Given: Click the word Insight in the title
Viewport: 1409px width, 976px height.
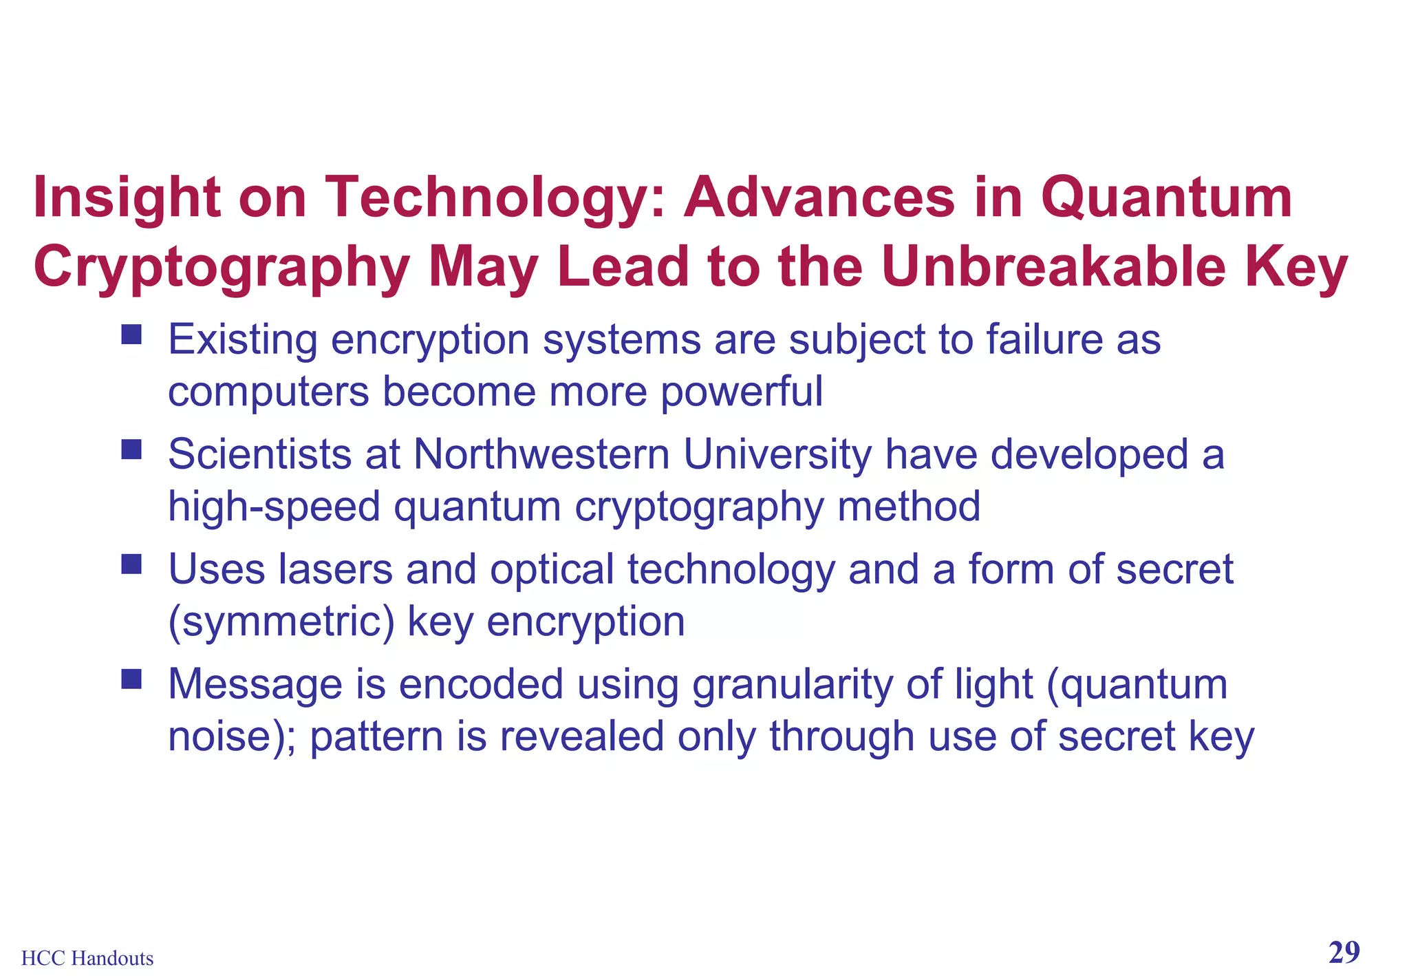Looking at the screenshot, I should tap(127, 198).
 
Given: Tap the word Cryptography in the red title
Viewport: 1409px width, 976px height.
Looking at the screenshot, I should tap(222, 268).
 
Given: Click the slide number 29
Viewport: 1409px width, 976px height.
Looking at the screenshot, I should tap(1344, 953).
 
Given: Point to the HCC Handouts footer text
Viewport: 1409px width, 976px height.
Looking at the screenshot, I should tap(87, 958).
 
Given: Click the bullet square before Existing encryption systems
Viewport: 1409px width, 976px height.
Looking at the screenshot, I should tap(131, 335).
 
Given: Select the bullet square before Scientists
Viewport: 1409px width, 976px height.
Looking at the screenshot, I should tap(131, 450).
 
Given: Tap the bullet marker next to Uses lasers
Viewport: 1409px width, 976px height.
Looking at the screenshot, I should tap(131, 565).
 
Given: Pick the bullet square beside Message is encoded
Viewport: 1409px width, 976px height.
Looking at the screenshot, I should tap(131, 680).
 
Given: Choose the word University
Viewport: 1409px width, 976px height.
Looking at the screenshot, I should tap(777, 454).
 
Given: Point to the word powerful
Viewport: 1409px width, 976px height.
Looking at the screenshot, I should tap(741, 392).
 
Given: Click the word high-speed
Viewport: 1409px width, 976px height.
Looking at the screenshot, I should tap(274, 507).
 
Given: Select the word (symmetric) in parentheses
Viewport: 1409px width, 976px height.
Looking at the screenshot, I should tap(281, 622).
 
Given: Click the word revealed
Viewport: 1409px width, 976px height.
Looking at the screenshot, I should tap(582, 736).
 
